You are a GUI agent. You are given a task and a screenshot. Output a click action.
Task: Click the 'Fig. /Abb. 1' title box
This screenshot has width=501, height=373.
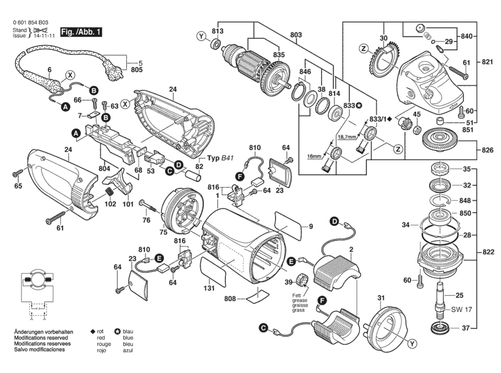pos(81,32)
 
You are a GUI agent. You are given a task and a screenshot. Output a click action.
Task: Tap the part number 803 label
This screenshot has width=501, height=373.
pos(296,35)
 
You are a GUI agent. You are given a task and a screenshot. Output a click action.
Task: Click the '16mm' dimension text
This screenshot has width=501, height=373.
pos(314,156)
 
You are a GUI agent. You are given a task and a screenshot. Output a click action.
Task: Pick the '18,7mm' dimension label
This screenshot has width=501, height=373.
pos(347,137)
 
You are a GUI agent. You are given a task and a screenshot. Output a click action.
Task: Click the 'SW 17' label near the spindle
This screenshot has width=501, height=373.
pos(461,310)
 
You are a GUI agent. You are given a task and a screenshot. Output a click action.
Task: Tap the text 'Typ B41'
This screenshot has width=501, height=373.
pos(220,158)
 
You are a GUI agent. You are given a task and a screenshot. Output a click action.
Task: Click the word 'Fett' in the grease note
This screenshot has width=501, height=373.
pos(297,295)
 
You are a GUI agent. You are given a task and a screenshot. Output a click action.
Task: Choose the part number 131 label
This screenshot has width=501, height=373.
pos(209,288)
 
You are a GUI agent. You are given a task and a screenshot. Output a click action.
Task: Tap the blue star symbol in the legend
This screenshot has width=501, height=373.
pos(117,332)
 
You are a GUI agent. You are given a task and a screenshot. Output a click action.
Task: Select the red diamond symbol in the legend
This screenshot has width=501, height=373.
pos(93,332)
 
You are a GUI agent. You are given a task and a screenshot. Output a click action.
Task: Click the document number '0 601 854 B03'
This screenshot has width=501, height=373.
pos(30,23)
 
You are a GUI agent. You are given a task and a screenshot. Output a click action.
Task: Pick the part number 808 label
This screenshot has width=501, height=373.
pos(230,299)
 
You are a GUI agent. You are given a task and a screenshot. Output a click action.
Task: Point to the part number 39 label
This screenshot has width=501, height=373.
pos(288,282)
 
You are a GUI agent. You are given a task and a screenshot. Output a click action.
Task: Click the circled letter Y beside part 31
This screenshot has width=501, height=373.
pos(412,344)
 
